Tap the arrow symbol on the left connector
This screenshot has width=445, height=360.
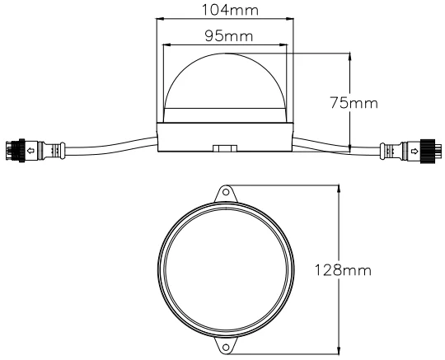click(30, 152)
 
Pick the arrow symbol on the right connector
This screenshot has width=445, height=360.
click(411, 151)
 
